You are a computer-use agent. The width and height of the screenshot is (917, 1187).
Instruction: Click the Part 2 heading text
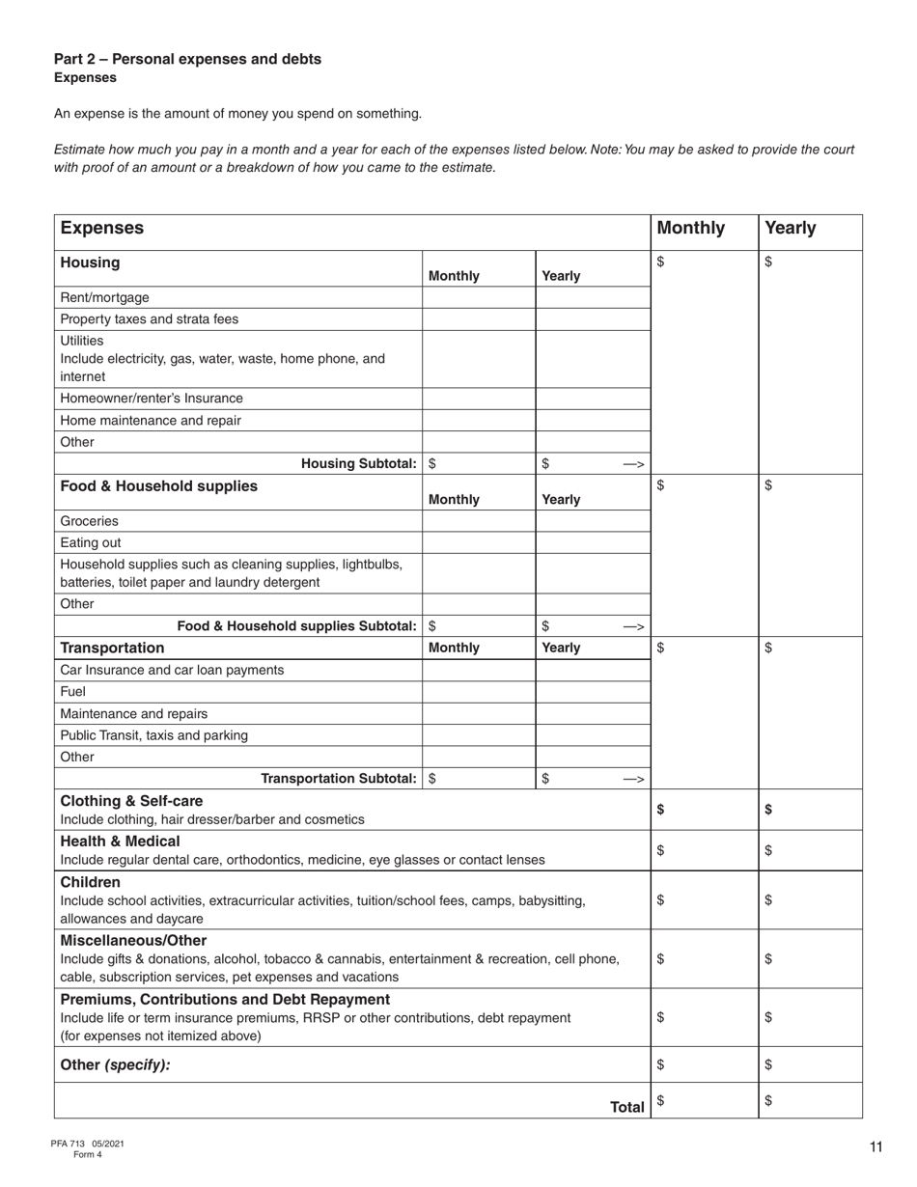coord(187,59)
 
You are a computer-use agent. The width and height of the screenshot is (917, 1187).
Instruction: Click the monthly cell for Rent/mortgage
coord(478,297)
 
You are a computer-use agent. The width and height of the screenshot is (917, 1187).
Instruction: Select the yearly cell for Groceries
coord(592,521)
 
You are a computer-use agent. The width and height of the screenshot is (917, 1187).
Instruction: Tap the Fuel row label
coord(73,692)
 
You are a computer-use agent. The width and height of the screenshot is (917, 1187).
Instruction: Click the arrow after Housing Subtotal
coord(633,464)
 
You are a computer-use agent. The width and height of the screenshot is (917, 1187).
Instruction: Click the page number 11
coord(875,1147)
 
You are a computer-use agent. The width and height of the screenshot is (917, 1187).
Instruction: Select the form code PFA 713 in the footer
coord(69,1144)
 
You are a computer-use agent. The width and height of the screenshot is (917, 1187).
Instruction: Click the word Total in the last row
coord(626,1107)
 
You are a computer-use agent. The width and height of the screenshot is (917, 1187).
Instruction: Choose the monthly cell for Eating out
coord(478,542)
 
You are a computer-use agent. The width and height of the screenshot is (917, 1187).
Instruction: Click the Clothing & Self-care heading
coord(132,801)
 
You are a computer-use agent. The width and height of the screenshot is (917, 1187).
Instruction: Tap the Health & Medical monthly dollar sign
coord(660,850)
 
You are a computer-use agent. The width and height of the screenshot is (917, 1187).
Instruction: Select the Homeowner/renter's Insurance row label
coord(152,399)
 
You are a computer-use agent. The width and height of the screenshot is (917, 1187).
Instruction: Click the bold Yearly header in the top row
coord(790,229)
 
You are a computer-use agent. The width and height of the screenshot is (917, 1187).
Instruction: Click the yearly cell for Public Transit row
coord(592,735)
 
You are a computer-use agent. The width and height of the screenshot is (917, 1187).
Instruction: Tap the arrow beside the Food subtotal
coord(633,626)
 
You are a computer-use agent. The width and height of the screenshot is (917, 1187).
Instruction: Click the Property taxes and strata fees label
coord(149,319)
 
